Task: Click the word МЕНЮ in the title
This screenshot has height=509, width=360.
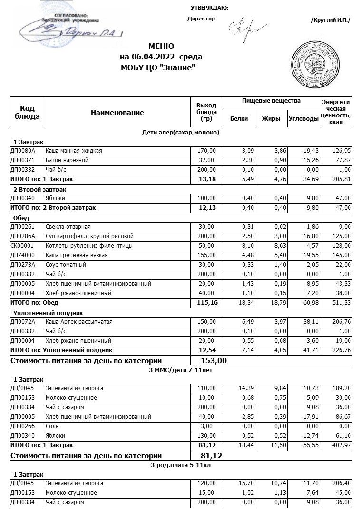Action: (161, 47)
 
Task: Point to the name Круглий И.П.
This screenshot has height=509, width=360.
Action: (331, 20)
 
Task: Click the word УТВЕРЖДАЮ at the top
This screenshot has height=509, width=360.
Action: (209, 8)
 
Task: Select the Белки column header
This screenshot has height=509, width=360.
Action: (239, 119)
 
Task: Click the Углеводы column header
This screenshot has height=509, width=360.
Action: (303, 119)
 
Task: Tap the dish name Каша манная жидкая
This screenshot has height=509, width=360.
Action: (74, 151)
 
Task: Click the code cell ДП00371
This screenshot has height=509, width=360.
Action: (23, 160)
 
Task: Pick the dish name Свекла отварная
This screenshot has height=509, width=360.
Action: (68, 227)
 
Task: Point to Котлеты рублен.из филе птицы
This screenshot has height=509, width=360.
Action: (89, 246)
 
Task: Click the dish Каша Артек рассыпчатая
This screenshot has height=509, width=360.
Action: (79, 322)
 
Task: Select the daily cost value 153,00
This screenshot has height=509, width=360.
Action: (214, 360)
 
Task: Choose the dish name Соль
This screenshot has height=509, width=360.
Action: (52, 426)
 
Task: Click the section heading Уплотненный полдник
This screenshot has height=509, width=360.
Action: (49, 313)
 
